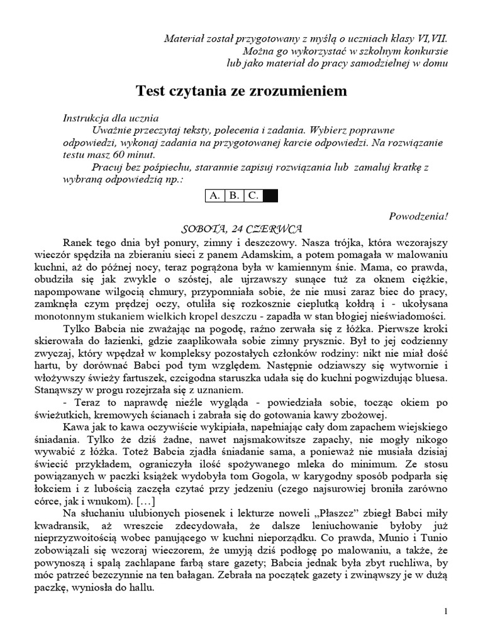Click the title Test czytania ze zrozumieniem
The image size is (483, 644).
(x=242, y=91)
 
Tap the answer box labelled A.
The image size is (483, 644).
(x=216, y=196)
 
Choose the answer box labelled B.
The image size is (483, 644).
(x=234, y=196)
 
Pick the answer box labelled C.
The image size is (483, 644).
(x=253, y=196)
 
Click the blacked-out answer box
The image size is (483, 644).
(x=270, y=196)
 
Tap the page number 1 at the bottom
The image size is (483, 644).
(x=446, y=611)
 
